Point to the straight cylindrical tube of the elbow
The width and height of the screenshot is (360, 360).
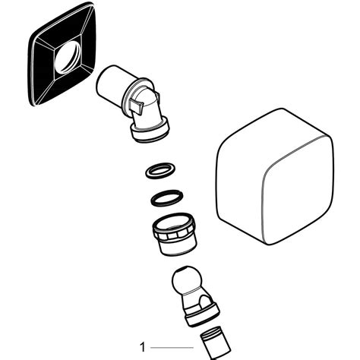114,85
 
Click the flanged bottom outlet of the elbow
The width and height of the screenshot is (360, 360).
150,134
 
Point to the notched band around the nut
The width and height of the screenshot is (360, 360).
175,223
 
